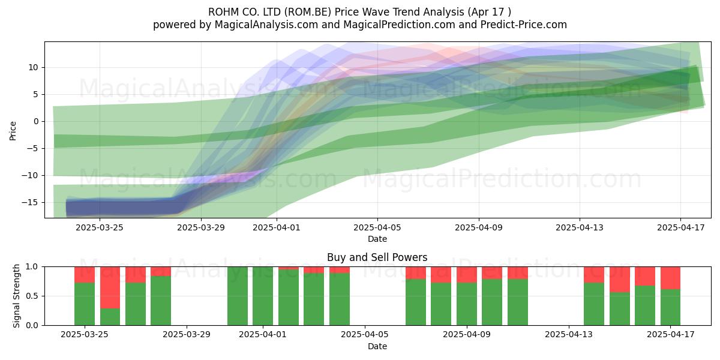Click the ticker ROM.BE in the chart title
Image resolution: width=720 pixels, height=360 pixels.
coord(308,12)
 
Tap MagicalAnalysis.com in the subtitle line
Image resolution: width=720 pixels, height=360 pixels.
coord(266,25)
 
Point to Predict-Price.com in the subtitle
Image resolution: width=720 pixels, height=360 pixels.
coord(524,25)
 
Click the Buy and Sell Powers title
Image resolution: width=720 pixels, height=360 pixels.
coord(377,257)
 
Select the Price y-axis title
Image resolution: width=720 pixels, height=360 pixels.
coord(13,131)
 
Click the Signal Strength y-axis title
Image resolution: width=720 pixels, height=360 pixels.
coord(16,296)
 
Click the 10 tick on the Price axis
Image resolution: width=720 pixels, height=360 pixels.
coord(34,67)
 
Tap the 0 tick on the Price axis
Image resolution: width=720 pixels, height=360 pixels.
coord(36,121)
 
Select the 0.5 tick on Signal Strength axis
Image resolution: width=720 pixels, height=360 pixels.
coord(32,296)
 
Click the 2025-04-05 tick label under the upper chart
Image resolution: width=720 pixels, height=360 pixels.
coord(377,227)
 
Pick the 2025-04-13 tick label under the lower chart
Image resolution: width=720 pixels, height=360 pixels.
coord(569,334)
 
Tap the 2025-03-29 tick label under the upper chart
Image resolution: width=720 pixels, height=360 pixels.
coord(201,227)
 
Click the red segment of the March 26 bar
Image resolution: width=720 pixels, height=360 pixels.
coord(110,287)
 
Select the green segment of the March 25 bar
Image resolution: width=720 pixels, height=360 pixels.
coord(85,304)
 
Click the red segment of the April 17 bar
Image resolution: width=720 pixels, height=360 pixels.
coord(670,278)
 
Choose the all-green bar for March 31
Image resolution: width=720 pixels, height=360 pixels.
coord(238,296)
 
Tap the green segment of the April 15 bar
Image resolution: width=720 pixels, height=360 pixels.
coord(619,308)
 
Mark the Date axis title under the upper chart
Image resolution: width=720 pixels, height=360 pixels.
coord(377,239)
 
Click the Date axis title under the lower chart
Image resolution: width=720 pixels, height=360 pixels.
coord(377,346)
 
